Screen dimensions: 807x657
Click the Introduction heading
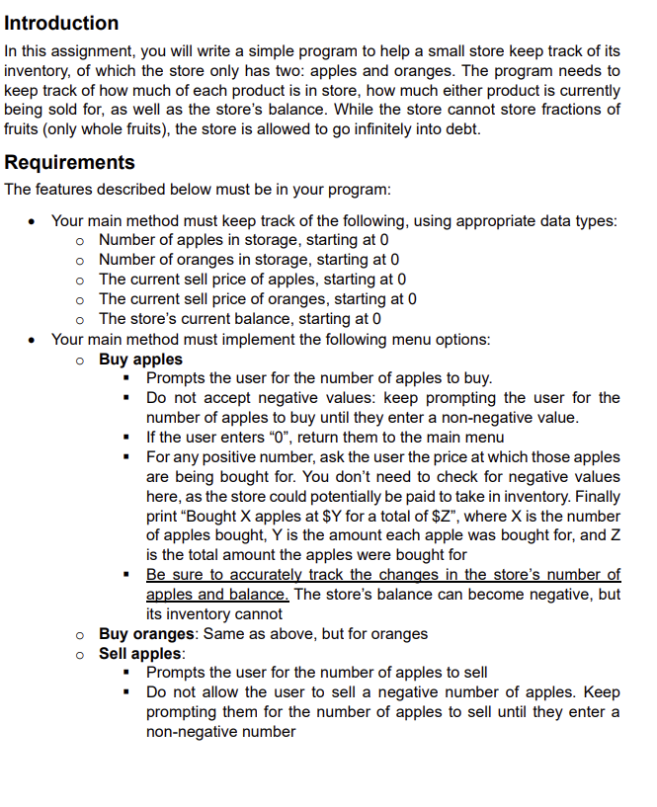[61, 23]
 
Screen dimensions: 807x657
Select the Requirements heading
[70, 162]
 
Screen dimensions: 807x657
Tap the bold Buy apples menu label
[140, 359]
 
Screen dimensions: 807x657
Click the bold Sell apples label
[141, 653]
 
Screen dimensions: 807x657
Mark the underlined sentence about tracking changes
[383, 575]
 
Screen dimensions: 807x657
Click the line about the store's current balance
[240, 319]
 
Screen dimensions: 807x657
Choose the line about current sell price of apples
[253, 280]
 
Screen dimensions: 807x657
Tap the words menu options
[435, 339]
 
